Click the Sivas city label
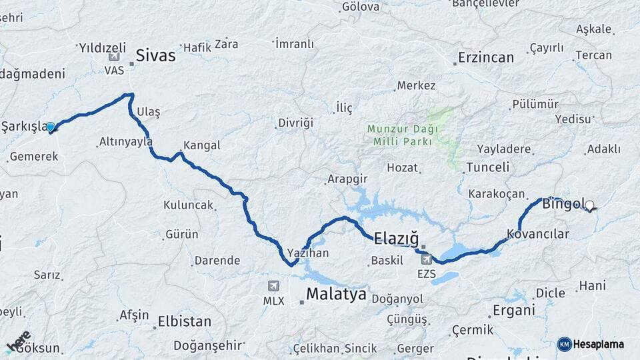pos(156,55)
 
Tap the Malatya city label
pos(336,294)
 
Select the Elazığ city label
pos(396,237)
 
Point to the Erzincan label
pos(487,57)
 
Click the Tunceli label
pos(487,167)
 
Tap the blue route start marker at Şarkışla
pos(51,127)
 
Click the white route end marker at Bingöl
pos(589,206)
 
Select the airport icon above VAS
pos(113,57)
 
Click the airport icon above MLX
pos(273,286)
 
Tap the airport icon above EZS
pos(427,259)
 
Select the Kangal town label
pos(201,145)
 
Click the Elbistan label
pos(184,321)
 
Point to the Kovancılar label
pos(538,234)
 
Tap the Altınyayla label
pos(125,141)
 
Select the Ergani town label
pos(513,310)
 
